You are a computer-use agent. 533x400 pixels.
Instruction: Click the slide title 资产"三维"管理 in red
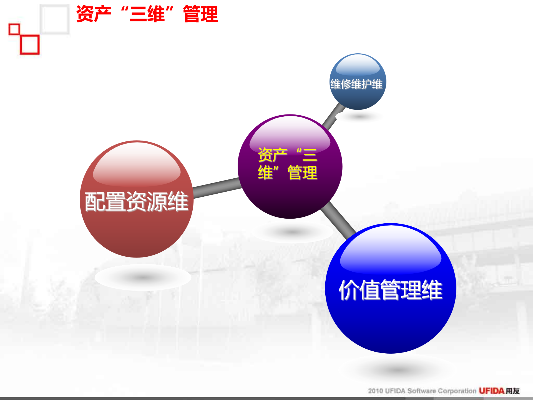pos(147,14)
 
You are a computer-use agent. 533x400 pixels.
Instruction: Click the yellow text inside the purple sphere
pos(288,164)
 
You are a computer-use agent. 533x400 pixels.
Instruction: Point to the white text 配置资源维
pos(136,202)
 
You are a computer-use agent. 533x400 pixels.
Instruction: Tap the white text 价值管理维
pos(390,290)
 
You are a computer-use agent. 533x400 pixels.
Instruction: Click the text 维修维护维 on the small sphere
pos(356,84)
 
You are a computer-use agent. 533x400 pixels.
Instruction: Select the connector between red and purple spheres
pos(217,188)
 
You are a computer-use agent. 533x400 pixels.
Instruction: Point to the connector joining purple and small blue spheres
pos(333,115)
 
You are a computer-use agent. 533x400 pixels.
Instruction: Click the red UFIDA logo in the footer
pos(491,391)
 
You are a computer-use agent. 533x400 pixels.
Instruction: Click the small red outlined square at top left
pos(14,29)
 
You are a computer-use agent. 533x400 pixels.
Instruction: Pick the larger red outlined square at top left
pos(30,44)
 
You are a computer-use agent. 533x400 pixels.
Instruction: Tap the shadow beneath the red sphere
pos(143,277)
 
